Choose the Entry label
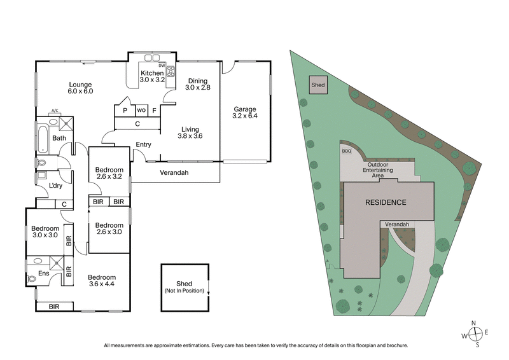143,144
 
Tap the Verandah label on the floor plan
174,172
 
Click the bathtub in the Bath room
43,138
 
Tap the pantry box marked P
125,110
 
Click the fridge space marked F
153,110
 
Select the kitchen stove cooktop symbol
170,71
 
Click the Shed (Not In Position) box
185,287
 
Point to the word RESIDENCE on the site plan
385,202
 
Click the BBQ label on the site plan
346,151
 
